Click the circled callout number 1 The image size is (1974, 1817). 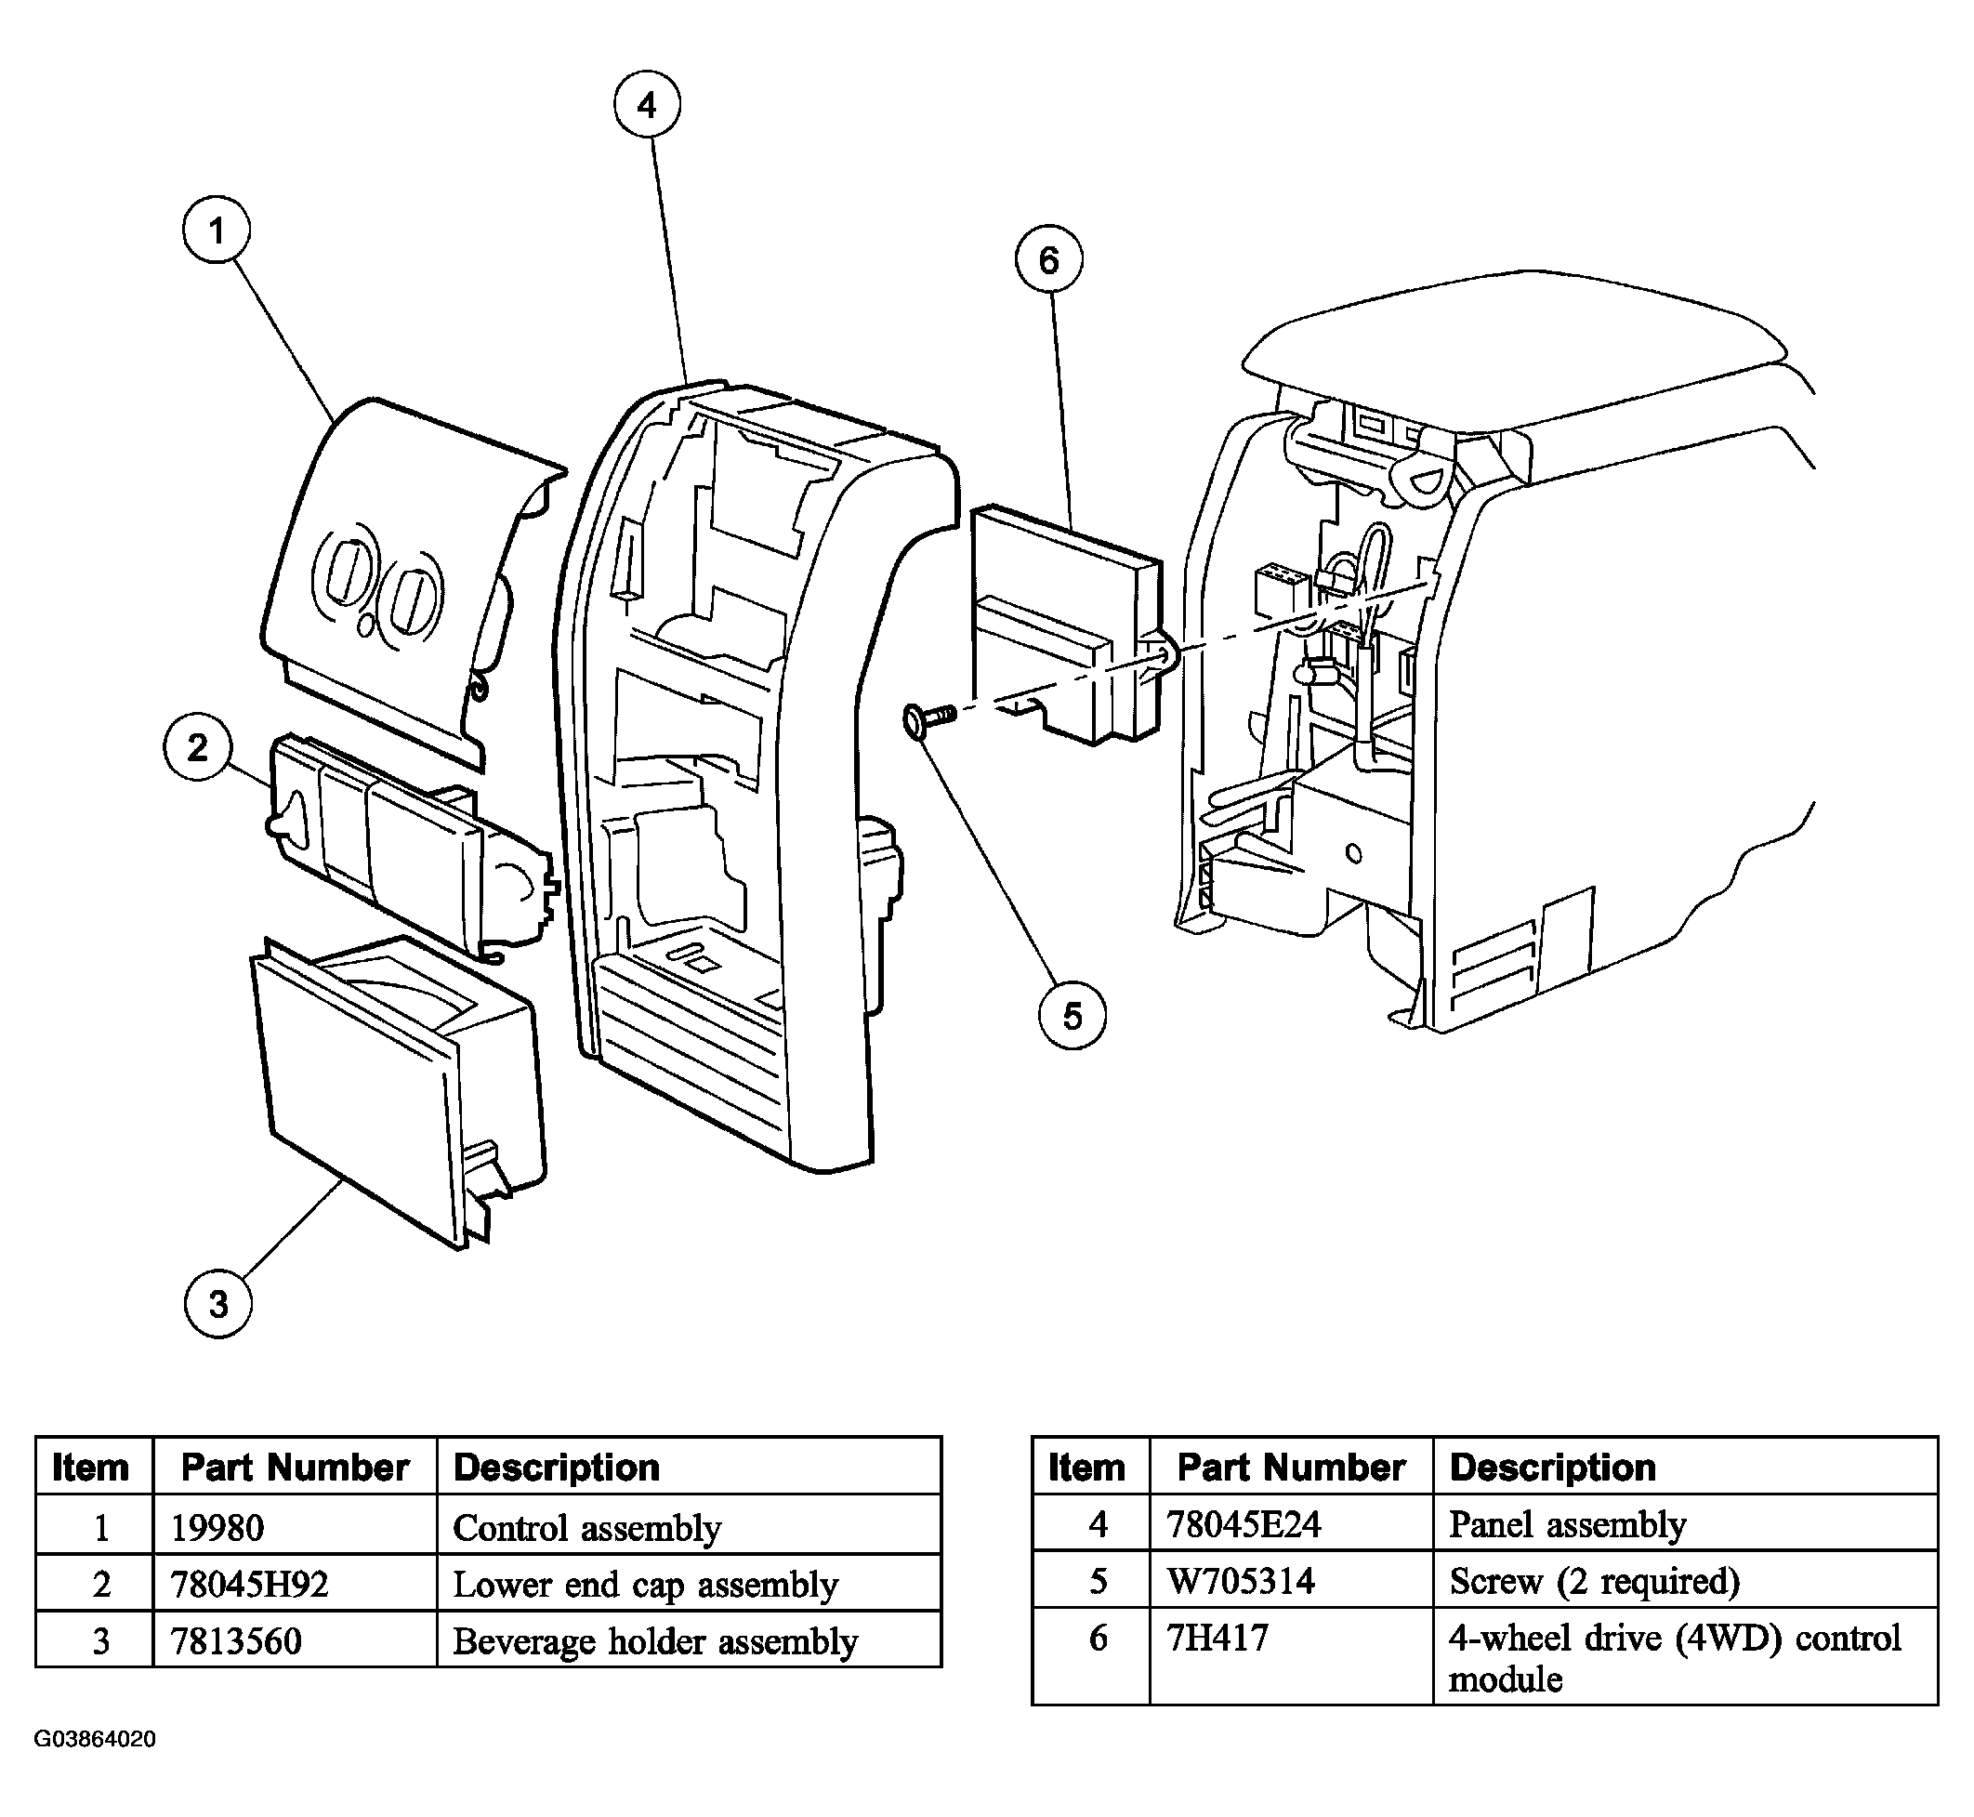click(x=217, y=230)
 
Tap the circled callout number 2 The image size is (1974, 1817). click(x=198, y=748)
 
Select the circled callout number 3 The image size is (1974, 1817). click(x=218, y=1304)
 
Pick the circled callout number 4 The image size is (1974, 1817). click(x=647, y=104)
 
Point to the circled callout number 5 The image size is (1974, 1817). click(x=1073, y=1016)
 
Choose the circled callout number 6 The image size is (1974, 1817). click(x=1049, y=259)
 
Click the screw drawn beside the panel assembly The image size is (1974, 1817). click(x=928, y=719)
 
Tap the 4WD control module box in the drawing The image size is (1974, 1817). click(x=1067, y=625)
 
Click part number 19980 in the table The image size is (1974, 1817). click(x=217, y=1528)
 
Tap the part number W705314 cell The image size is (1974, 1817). click(x=1241, y=1581)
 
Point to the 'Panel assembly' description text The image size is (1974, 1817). click(x=1567, y=1525)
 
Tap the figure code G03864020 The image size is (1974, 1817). click(x=95, y=1739)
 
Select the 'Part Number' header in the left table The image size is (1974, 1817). click(x=295, y=1468)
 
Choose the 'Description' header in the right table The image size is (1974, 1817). click(x=1552, y=1468)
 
